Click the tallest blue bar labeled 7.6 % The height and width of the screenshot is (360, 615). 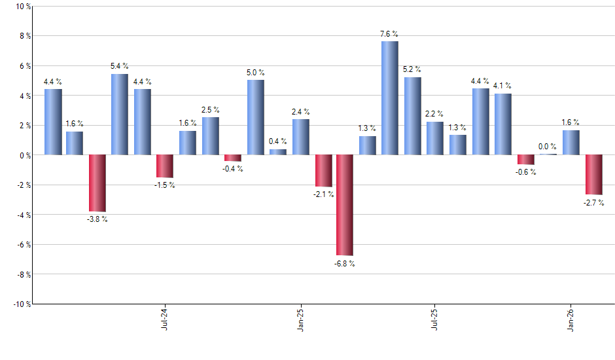(x=390, y=98)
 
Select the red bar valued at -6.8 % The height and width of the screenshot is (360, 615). (x=345, y=205)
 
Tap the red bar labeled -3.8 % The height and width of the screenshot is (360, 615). (x=97, y=183)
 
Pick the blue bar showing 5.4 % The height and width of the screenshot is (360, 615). (x=120, y=115)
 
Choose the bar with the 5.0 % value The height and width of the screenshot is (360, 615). (x=256, y=117)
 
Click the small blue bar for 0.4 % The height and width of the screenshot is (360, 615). (x=278, y=152)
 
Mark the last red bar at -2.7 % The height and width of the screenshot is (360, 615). (x=593, y=175)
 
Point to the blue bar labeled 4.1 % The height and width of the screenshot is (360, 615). (x=503, y=124)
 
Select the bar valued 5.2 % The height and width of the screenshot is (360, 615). (x=413, y=116)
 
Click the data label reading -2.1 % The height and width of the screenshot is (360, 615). (x=323, y=194)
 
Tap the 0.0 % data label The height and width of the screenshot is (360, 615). (x=548, y=147)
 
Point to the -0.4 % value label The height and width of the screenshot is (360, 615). (x=233, y=169)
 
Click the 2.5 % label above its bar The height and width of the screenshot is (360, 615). (x=211, y=110)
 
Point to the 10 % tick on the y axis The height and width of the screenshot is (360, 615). (x=22, y=7)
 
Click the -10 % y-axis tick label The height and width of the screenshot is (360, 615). (x=21, y=304)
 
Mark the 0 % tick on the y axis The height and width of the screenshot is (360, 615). (x=24, y=155)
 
